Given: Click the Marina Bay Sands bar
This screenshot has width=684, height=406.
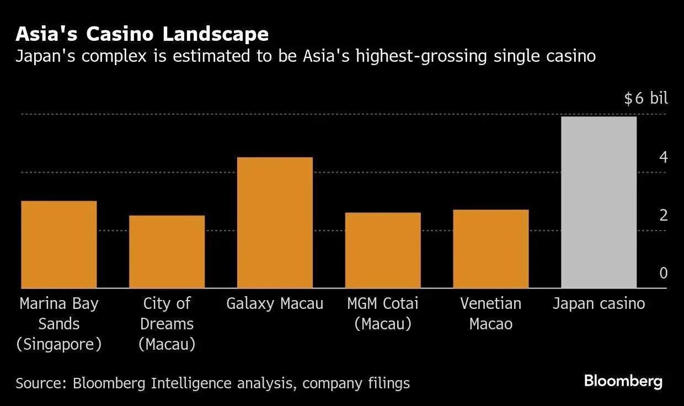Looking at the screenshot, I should [59, 244].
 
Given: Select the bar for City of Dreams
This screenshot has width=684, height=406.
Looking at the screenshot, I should [167, 252].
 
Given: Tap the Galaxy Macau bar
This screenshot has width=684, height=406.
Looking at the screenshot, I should [275, 222].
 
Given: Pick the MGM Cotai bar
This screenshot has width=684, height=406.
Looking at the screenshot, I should [383, 250].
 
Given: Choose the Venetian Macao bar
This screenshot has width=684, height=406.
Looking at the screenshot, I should [491, 249].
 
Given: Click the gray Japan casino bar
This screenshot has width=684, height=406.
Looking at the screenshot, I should [598, 202].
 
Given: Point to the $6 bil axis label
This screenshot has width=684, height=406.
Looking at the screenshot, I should [646, 99].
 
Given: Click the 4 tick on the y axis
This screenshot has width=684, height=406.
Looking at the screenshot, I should [663, 158].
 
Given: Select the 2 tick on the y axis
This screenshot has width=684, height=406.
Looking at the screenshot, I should [663, 215].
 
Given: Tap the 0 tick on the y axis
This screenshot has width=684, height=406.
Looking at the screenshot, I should [663, 273].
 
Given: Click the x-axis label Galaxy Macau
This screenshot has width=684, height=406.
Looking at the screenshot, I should [275, 304].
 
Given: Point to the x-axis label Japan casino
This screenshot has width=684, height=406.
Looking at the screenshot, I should [598, 304].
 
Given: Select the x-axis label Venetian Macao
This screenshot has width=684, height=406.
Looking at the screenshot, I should [491, 313].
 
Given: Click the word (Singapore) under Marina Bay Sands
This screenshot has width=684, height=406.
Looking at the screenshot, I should [59, 345].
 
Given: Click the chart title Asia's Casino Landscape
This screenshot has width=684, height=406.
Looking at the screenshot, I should [142, 34].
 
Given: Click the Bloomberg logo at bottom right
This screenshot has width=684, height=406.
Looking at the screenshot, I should [623, 381].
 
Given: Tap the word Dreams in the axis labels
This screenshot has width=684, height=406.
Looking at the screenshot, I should [167, 324].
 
